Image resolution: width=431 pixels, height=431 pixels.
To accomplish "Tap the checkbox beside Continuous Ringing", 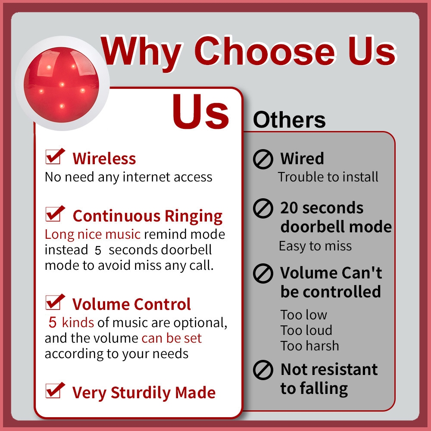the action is [55, 214].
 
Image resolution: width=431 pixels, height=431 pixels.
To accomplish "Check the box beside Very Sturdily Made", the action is [55, 390].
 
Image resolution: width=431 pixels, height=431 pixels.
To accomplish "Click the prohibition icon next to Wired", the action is [263, 159].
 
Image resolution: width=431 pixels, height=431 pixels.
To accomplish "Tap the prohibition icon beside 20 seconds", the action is [263, 208].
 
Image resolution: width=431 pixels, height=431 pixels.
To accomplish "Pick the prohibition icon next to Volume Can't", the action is [263, 274].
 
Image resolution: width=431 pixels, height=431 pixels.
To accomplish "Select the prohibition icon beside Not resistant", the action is [263, 370].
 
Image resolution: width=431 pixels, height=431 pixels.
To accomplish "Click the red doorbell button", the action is [61, 84].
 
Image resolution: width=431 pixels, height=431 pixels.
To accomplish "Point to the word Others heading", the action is [289, 120].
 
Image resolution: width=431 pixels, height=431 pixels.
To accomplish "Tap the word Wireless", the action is [104, 159].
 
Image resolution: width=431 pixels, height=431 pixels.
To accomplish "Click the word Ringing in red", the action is [194, 217].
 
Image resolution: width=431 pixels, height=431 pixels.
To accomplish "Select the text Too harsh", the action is [310, 346].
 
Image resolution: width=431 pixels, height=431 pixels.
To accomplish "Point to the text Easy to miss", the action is [315, 246].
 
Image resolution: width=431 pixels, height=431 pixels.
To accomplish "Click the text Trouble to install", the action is [328, 177].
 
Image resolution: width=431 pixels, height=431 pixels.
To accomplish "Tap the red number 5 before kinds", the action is [53, 323].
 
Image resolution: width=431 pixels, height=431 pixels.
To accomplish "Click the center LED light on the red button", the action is [62, 84].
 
